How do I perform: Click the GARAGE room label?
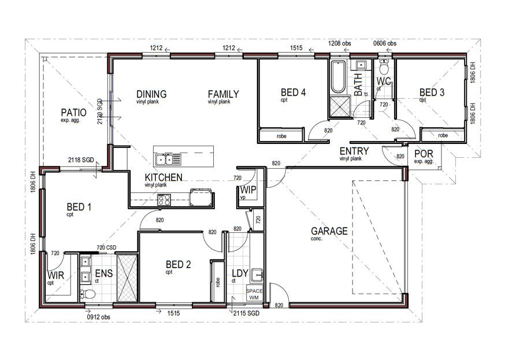click(329, 231)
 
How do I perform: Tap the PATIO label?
click(73, 113)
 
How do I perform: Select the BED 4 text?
click(293, 92)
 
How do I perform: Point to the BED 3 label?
click(432, 92)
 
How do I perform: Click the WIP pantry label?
click(248, 190)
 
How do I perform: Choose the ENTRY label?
click(354, 151)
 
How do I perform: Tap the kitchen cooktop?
click(164, 200)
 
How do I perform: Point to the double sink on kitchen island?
click(168, 158)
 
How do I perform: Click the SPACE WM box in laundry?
click(254, 293)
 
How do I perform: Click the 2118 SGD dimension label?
click(81, 159)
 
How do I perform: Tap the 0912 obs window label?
click(98, 317)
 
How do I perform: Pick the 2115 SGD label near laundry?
click(247, 313)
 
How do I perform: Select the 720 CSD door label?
click(107, 247)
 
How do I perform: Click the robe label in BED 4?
click(281, 135)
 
